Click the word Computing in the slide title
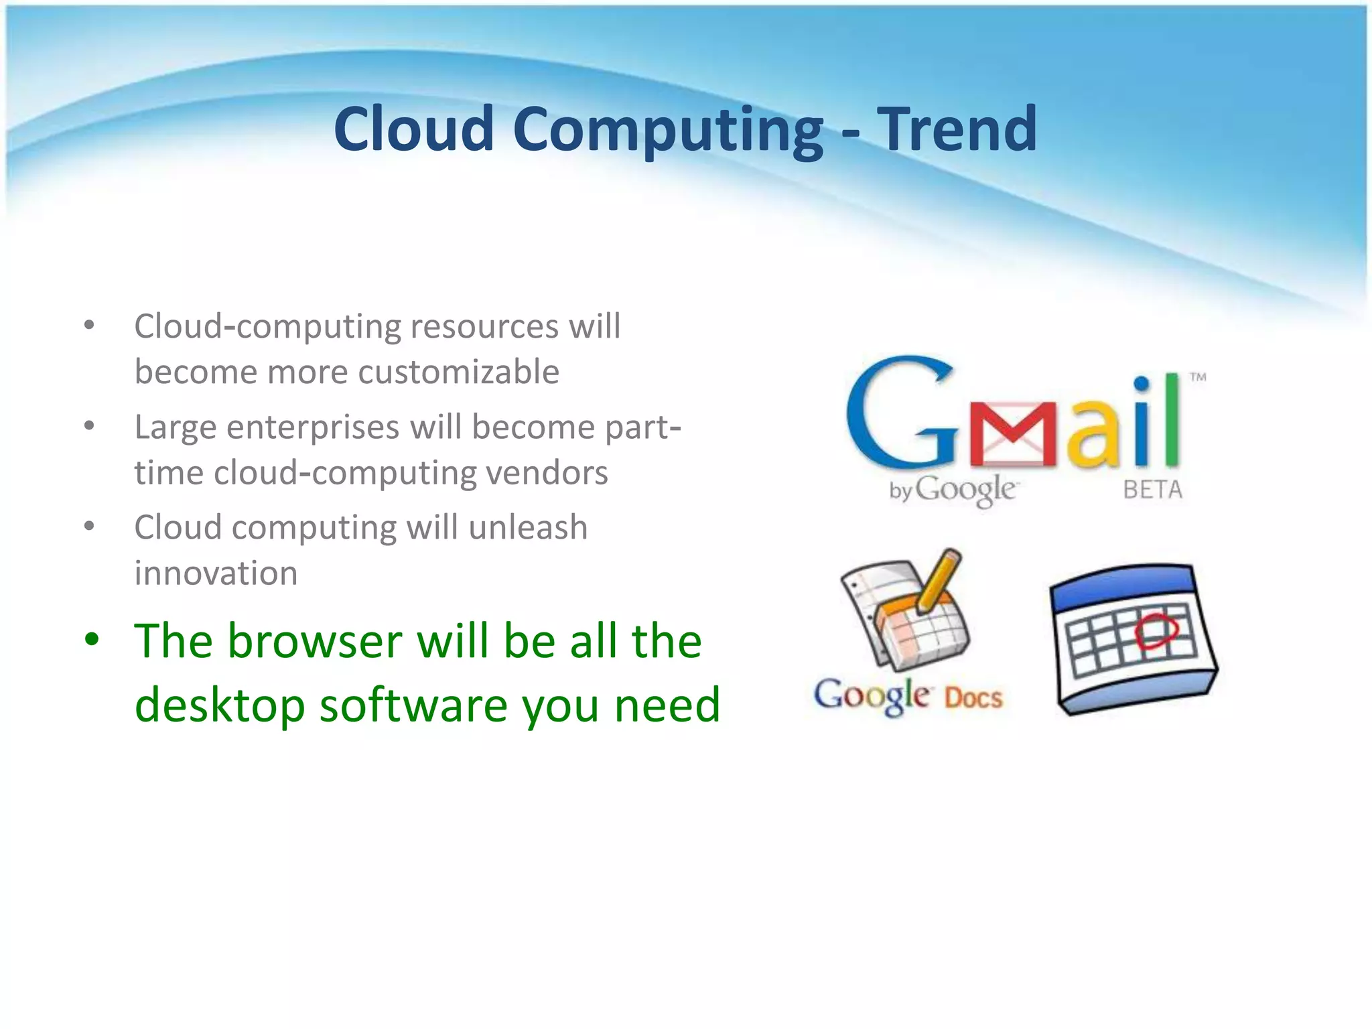(x=668, y=131)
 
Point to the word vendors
(x=547, y=473)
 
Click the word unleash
(x=528, y=527)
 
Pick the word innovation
(x=216, y=573)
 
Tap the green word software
(x=413, y=705)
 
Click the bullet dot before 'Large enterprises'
(x=89, y=426)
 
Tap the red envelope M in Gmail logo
(x=1013, y=434)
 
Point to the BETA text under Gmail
(x=1152, y=490)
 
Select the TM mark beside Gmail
(x=1198, y=377)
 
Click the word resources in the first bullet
(x=484, y=327)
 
